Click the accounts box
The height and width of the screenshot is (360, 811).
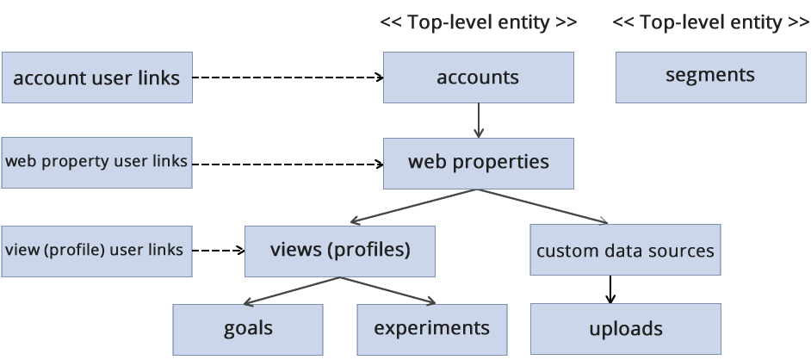(x=478, y=78)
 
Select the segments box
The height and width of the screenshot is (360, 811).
(x=710, y=76)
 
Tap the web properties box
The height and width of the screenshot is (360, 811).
(x=478, y=162)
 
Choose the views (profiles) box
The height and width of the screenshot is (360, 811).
(x=339, y=251)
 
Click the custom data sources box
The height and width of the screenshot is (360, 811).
(x=625, y=251)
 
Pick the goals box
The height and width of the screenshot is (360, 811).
(x=248, y=328)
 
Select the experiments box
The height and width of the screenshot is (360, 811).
(x=431, y=328)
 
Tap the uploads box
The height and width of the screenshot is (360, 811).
(x=625, y=329)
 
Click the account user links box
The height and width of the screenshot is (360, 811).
(x=96, y=78)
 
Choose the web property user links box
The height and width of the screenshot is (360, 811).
(x=96, y=161)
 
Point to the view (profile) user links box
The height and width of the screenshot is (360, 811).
(x=96, y=251)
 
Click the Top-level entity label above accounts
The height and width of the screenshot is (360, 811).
(x=478, y=23)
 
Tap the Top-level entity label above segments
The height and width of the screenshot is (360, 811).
(x=710, y=23)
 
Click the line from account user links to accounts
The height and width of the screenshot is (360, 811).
(x=293, y=78)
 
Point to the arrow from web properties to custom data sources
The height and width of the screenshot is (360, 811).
(x=542, y=207)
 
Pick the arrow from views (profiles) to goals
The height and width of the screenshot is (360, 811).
(x=293, y=290)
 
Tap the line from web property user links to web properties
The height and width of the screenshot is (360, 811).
(x=297, y=162)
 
